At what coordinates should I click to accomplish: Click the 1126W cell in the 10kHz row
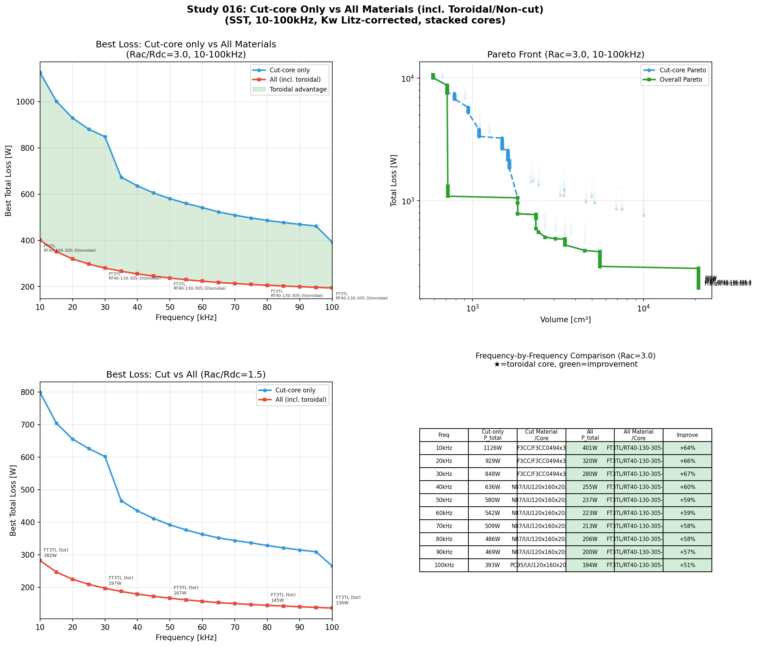pos(493,448)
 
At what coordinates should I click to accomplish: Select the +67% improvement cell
pos(687,474)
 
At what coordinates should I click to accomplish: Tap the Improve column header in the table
pos(687,435)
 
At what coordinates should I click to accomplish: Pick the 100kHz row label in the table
pos(444,565)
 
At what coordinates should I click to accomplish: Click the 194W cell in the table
pos(590,565)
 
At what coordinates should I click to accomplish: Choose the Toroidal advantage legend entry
pos(298,90)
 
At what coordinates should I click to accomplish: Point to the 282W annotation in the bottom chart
pos(51,556)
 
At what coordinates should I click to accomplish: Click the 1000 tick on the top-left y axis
pos(27,102)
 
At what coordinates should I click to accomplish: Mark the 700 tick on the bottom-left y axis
pos(30,425)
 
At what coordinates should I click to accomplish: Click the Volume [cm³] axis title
pos(566,320)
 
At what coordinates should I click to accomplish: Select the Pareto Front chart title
pos(566,55)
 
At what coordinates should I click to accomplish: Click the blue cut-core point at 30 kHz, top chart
pos(105,137)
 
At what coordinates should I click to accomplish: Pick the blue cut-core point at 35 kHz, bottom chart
pos(121,501)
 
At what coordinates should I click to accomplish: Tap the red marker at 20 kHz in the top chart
pos(73,259)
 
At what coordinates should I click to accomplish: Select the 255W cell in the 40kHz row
pos(590,487)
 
